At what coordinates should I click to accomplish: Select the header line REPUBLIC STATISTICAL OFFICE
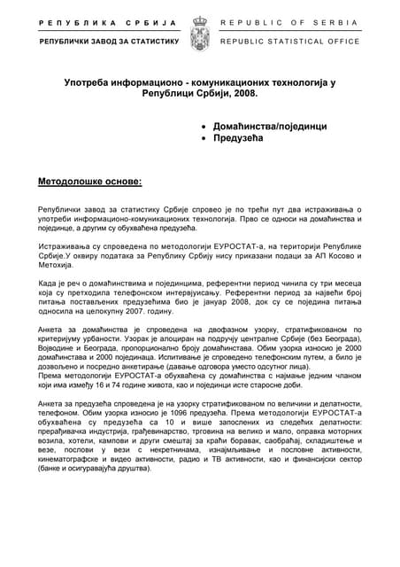(289, 41)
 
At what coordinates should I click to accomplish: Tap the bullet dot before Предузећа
(205, 139)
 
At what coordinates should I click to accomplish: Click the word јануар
(203, 301)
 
